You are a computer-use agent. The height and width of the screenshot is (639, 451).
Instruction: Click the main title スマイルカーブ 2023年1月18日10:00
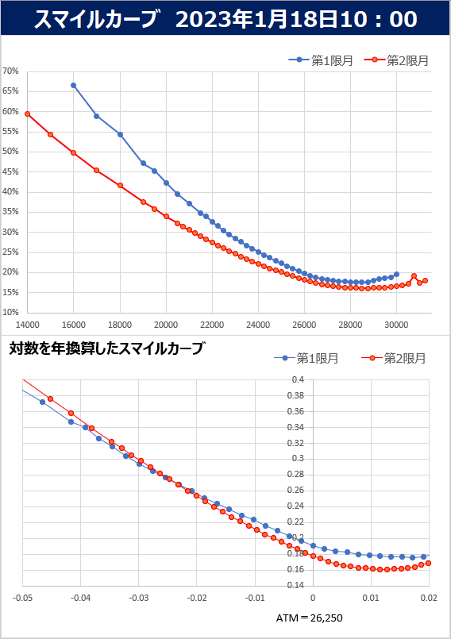click(225, 19)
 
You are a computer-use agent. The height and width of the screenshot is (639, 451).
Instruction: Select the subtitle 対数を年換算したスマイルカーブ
click(106, 348)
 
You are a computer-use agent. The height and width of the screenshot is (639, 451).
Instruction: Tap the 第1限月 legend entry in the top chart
click(321, 60)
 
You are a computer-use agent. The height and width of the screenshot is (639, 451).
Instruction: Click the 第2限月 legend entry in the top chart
click(395, 60)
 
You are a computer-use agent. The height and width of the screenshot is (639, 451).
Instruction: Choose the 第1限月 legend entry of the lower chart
click(306, 358)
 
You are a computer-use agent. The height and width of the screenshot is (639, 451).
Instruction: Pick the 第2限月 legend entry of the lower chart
click(394, 358)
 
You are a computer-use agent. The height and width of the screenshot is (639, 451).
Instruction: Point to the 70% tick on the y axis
click(10, 71)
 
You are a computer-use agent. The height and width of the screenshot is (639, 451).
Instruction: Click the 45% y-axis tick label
click(10, 172)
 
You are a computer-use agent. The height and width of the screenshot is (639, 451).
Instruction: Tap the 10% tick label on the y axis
click(10, 313)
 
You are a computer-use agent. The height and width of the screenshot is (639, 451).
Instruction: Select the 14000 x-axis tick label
click(27, 325)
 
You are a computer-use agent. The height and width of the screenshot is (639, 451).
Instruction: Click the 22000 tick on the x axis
click(212, 325)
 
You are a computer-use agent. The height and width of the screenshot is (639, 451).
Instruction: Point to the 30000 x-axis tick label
click(396, 325)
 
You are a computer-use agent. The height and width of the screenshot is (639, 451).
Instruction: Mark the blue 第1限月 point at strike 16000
click(73, 86)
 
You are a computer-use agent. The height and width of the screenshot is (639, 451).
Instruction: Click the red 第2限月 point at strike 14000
click(27, 114)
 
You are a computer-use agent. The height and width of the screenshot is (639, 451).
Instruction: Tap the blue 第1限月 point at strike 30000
click(396, 275)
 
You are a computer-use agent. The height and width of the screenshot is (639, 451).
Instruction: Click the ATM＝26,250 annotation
click(310, 618)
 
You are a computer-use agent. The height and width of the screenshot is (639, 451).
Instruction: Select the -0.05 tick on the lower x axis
click(22, 599)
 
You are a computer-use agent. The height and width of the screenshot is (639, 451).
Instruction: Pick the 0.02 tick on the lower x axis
click(429, 599)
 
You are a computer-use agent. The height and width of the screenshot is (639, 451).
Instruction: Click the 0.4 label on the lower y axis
click(298, 379)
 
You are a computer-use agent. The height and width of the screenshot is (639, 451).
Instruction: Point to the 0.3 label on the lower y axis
click(298, 459)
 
